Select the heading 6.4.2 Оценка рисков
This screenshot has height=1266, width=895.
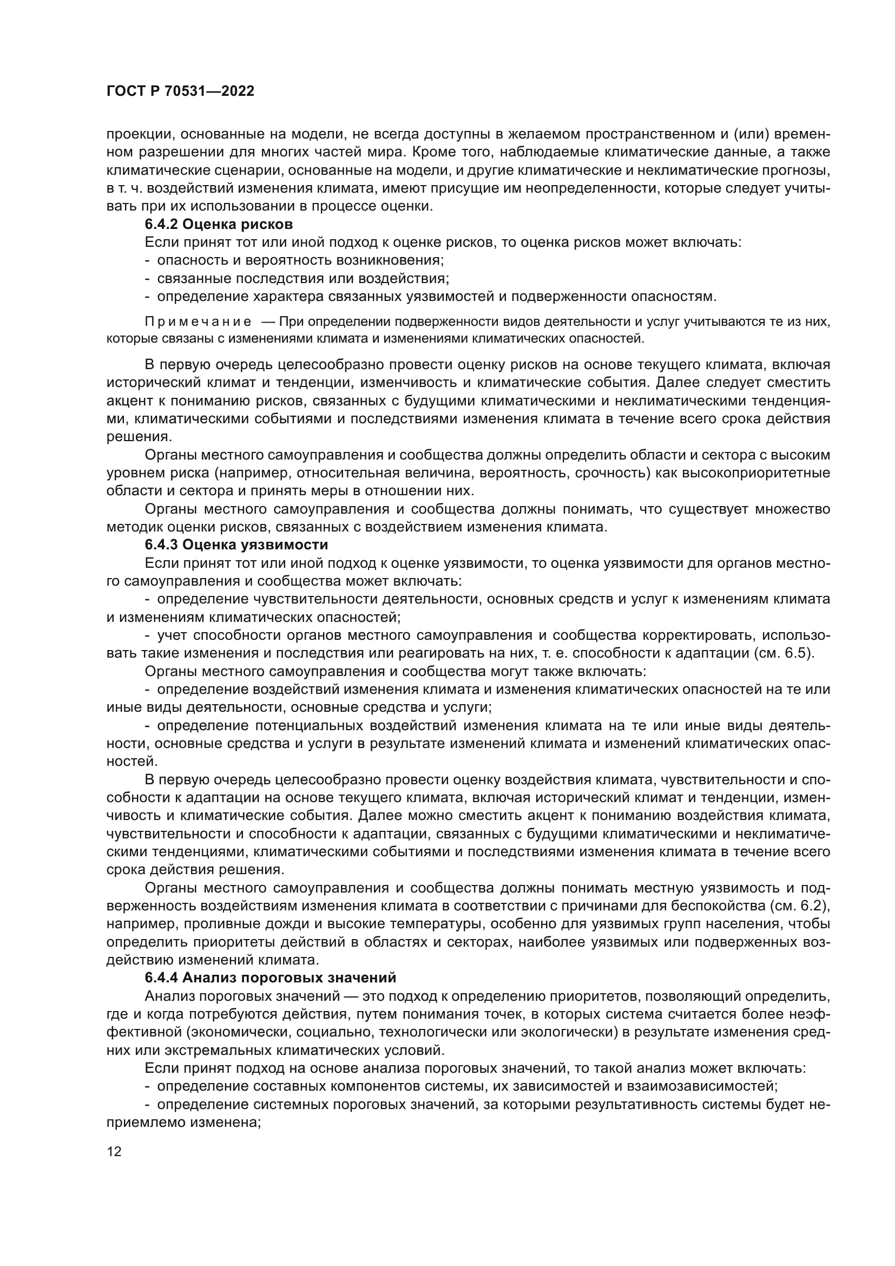(218, 225)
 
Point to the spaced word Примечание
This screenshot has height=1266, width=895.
(198, 322)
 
